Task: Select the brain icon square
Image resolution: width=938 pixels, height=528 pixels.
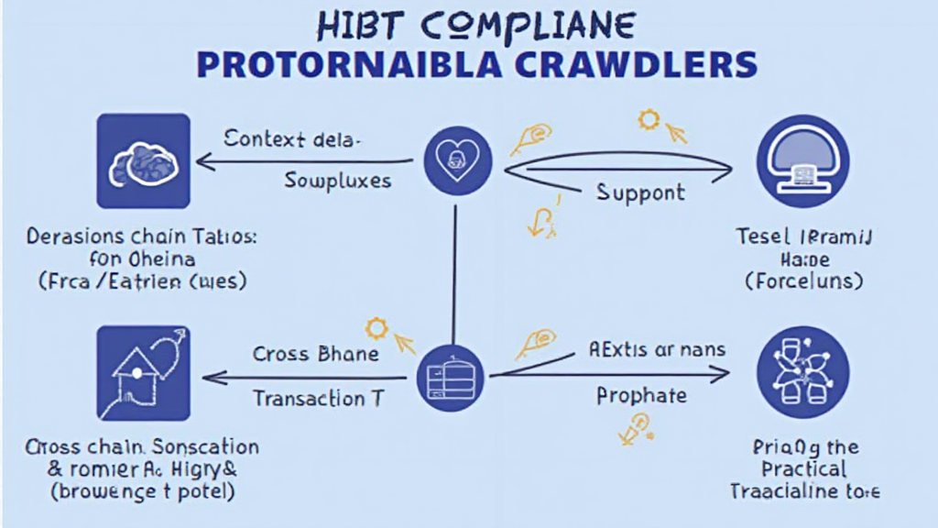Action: point(144,160)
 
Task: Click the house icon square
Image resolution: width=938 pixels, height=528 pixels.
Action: point(144,374)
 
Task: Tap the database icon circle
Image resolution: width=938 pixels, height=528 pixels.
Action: point(453,376)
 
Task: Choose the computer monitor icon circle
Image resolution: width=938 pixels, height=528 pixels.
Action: point(803,161)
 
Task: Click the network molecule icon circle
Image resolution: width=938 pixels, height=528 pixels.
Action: point(803,372)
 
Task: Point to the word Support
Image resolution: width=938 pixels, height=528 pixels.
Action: point(640,192)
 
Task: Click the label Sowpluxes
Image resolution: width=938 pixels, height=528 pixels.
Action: point(337,180)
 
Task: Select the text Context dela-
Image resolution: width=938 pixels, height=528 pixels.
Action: point(292,139)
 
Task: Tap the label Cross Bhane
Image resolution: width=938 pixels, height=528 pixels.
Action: point(315,354)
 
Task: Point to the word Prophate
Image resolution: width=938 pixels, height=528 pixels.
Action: point(640,396)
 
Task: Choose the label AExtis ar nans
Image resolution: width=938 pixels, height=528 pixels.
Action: point(656,349)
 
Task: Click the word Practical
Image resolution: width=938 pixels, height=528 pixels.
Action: point(804,468)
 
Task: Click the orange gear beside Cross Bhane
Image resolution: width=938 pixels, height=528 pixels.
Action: point(375,328)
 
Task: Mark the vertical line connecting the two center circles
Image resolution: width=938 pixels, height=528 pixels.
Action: point(453,275)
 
